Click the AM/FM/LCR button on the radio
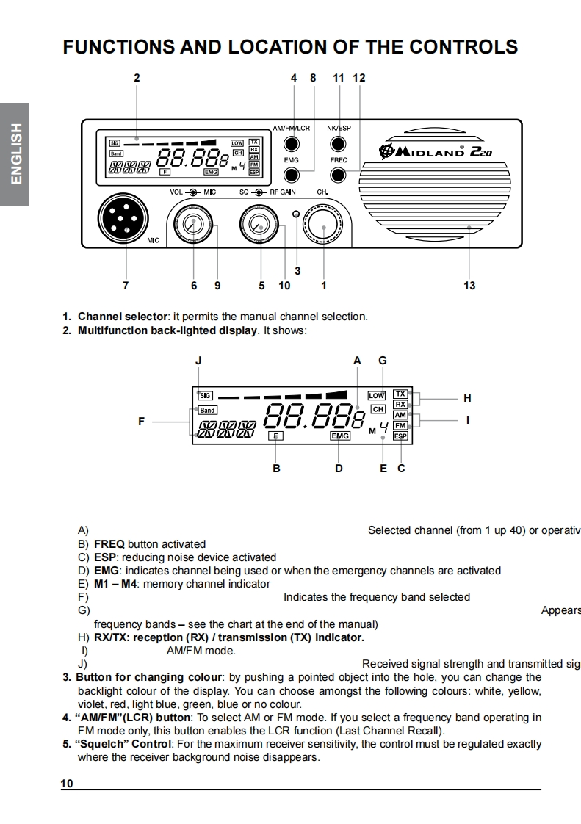292,143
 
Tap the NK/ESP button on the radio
338,143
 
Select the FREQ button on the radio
338,175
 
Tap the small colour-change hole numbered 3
296,214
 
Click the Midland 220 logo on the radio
436,151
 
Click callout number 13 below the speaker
469,286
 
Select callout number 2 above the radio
137,77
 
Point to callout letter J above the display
198,361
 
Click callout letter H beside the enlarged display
467,398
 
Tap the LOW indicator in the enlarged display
377,396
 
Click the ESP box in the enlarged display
400,436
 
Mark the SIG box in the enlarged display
206,395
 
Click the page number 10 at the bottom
67,784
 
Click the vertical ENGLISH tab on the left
15,154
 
